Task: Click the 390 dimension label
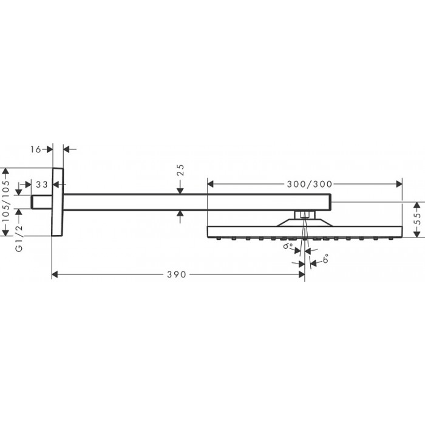click(177, 274)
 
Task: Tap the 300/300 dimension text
click(310, 185)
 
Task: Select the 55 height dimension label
click(418, 219)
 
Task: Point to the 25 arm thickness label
click(180, 170)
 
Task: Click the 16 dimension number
click(35, 149)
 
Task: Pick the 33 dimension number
click(42, 185)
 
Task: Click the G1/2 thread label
click(19, 239)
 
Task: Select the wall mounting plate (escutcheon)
click(58, 202)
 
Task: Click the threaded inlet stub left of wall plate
click(41, 202)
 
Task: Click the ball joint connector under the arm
click(305, 215)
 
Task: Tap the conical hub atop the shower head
click(305, 223)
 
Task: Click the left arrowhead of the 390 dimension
click(55, 274)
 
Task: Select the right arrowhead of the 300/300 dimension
click(399, 185)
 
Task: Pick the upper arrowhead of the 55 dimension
click(416, 205)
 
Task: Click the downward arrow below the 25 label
click(180, 191)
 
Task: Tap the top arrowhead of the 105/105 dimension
click(5, 171)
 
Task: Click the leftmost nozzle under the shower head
click(218, 239)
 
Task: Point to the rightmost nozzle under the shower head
click(391, 239)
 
